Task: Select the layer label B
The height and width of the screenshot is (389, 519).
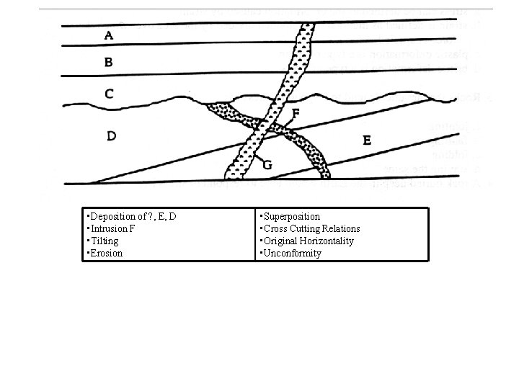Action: [x=108, y=62]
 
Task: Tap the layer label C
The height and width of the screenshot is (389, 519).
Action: [x=108, y=93]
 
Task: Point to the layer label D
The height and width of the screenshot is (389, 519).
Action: [x=112, y=135]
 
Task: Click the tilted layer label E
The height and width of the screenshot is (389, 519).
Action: [x=367, y=141]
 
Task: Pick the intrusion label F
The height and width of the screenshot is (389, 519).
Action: [x=296, y=113]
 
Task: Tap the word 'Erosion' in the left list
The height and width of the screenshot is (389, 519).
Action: [x=106, y=253]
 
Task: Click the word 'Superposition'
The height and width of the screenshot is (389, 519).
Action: [x=291, y=216]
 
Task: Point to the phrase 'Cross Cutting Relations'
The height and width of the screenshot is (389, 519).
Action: [x=311, y=228]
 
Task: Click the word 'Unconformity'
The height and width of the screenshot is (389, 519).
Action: [x=292, y=253]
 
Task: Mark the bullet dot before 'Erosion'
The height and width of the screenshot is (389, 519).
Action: [x=86, y=253]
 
